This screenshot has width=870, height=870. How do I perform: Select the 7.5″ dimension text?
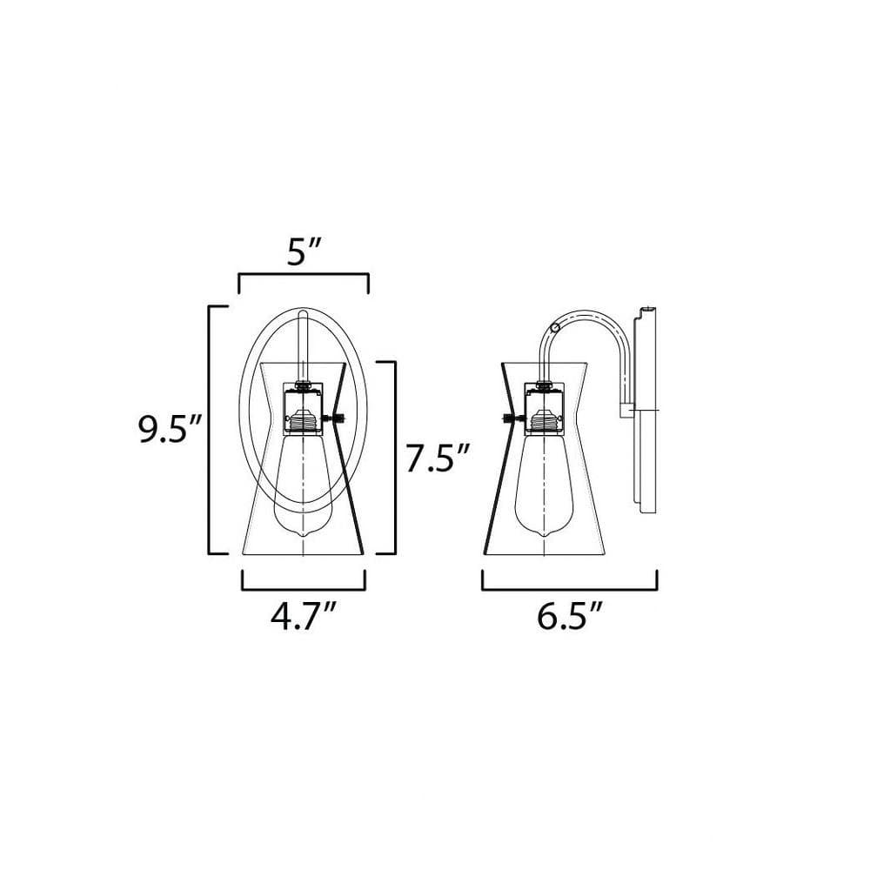point(438,458)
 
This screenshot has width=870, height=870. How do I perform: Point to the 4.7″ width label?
point(303,617)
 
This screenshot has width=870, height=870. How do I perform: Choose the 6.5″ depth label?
point(570,617)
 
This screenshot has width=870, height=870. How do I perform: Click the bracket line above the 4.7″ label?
point(304,590)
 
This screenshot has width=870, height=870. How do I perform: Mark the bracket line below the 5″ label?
point(304,274)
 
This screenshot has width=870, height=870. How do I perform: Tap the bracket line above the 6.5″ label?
point(570,590)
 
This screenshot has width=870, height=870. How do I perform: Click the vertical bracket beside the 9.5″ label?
point(209,430)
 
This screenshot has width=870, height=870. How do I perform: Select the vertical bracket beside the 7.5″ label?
point(395,458)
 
